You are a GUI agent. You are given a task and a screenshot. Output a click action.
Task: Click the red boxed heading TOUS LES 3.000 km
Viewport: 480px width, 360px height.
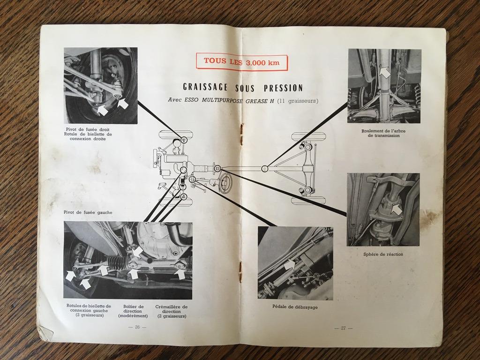click(242, 62)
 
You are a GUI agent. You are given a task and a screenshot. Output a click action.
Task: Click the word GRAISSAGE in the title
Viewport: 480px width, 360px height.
click(205, 87)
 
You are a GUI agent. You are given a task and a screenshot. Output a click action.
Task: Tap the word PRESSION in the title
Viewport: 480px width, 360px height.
click(283, 88)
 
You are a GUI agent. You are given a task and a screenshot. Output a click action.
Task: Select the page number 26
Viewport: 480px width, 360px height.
click(137, 327)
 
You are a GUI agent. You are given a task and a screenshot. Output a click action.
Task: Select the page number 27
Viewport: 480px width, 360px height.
click(343, 328)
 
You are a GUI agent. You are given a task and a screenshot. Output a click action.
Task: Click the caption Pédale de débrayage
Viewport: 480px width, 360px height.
click(295, 307)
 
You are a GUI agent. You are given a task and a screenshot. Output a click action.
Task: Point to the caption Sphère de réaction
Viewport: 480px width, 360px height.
click(383, 254)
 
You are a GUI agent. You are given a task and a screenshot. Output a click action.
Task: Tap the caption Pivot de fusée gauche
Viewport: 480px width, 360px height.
click(88, 212)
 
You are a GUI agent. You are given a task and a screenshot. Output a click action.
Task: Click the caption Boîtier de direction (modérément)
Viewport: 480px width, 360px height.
click(133, 311)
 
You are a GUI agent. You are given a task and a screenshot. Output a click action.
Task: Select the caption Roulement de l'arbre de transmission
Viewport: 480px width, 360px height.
click(383, 133)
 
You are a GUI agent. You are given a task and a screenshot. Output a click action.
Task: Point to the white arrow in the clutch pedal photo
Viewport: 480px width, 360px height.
click(290, 264)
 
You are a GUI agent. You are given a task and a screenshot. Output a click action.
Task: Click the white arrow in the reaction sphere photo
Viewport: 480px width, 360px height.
click(397, 210)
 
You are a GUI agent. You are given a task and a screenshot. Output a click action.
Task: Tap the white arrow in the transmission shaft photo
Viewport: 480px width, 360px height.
click(385, 72)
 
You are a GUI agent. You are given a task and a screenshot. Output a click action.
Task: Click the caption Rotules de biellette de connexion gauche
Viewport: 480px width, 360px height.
click(89, 311)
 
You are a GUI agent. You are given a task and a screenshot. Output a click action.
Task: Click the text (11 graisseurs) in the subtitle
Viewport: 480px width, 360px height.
click(297, 100)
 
